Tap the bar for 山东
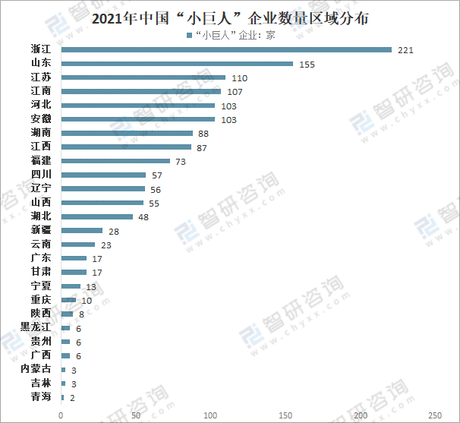(177, 64)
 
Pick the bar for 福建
(115, 161)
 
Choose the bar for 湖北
(97, 216)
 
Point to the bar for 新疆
(82, 230)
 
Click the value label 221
(405, 50)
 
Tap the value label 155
(307, 65)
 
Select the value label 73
(181, 161)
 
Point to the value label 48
(143, 216)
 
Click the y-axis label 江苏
(41, 77)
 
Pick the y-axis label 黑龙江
(36, 327)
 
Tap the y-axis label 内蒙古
(36, 369)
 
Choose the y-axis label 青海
(41, 397)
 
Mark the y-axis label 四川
(41, 175)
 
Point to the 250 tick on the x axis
(435, 415)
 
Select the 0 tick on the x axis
(61, 415)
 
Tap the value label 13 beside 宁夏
(91, 286)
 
